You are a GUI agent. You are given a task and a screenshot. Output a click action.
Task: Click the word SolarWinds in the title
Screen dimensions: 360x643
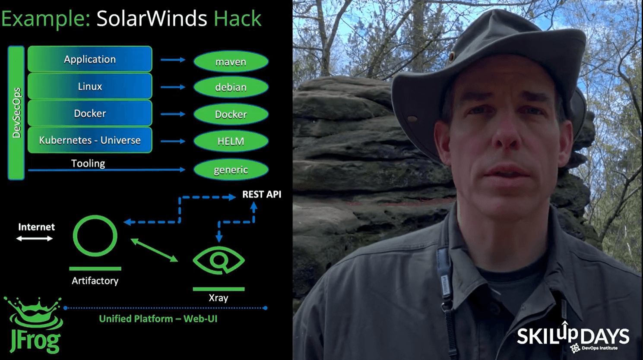pyautogui.click(x=152, y=19)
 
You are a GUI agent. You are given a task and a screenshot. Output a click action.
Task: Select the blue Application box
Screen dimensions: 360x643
pyautogui.click(x=90, y=59)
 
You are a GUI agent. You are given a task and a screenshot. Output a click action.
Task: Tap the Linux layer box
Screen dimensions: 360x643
pyautogui.click(x=90, y=86)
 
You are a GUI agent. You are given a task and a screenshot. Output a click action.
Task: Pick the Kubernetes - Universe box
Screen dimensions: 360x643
pyautogui.click(x=90, y=140)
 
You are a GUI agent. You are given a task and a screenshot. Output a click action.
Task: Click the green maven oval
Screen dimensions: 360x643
pyautogui.click(x=231, y=62)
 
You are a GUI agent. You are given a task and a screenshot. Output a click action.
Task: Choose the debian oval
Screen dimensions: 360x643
pyautogui.click(x=231, y=87)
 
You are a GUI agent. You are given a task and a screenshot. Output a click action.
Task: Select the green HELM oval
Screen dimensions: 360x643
pyautogui.click(x=231, y=141)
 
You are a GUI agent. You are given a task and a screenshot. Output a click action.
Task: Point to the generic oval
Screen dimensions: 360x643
pyautogui.click(x=231, y=170)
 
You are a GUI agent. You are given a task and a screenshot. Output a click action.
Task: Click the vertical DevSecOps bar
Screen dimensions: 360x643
pyautogui.click(x=16, y=113)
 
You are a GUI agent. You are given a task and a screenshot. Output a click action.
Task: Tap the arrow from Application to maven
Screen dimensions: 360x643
pyautogui.click(x=173, y=60)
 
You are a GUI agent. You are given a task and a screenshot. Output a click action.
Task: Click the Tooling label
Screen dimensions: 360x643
pyautogui.click(x=88, y=163)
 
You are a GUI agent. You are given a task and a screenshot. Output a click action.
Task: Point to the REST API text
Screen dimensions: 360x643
pyautogui.click(x=262, y=194)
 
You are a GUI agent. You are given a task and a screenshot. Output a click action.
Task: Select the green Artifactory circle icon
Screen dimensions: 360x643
pyautogui.click(x=95, y=236)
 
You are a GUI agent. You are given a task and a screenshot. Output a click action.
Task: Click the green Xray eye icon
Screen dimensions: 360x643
pyautogui.click(x=219, y=260)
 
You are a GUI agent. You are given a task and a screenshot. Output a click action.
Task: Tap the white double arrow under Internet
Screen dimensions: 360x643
pyautogui.click(x=35, y=238)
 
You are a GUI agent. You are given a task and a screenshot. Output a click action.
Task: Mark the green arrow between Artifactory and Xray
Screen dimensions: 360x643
pyautogui.click(x=154, y=250)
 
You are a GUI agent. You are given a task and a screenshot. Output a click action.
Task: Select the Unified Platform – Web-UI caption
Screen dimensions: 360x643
pyautogui.click(x=158, y=319)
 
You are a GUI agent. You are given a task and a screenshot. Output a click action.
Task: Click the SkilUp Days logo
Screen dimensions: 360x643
pyautogui.click(x=573, y=337)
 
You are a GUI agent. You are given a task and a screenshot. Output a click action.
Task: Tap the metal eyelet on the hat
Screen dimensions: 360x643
pyautogui.click(x=452, y=56)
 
